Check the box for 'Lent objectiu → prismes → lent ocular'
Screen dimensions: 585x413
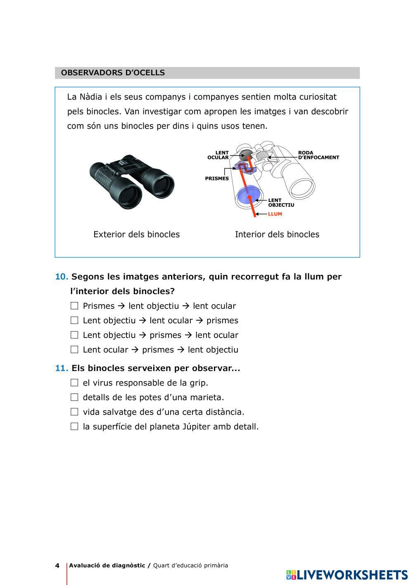pyautogui.click(x=74, y=335)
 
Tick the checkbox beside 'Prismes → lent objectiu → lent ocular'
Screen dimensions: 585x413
pyautogui.click(x=74, y=306)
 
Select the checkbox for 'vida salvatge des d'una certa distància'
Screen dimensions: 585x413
pyautogui.click(x=74, y=412)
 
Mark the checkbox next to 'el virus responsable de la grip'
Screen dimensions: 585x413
pyautogui.click(x=74, y=383)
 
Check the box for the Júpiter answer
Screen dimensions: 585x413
pyautogui.click(x=74, y=426)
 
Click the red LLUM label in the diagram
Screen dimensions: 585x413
pyautogui.click(x=275, y=214)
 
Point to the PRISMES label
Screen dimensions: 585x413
pyautogui.click(x=217, y=179)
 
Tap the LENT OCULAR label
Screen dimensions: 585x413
pyautogui.click(x=218, y=155)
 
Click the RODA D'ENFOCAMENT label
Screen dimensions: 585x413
pyautogui.click(x=318, y=155)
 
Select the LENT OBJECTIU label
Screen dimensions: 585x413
pyautogui.click(x=281, y=202)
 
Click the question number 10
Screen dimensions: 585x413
pyautogui.click(x=62, y=276)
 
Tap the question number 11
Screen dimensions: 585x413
pyautogui.click(x=62, y=368)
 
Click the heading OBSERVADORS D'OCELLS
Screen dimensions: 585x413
pyautogui.click(x=113, y=73)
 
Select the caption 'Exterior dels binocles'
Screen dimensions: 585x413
pyautogui.click(x=136, y=234)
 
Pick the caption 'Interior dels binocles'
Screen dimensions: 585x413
pyautogui.click(x=277, y=234)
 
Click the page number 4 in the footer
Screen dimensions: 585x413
pyautogui.click(x=57, y=566)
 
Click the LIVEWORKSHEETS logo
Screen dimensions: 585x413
pyautogui.click(x=347, y=574)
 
